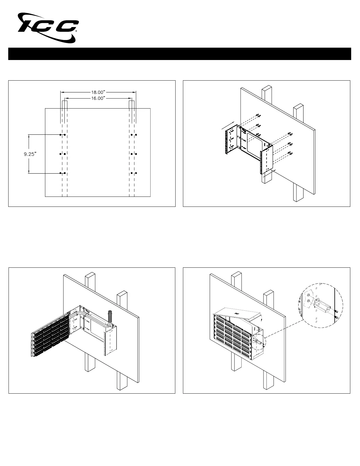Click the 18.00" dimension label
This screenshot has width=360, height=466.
(x=98, y=92)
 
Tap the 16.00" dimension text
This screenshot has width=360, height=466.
(x=98, y=98)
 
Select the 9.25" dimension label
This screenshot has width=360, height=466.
(x=30, y=154)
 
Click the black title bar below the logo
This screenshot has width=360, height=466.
(x=180, y=54)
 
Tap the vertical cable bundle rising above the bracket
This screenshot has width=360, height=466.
(x=110, y=317)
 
